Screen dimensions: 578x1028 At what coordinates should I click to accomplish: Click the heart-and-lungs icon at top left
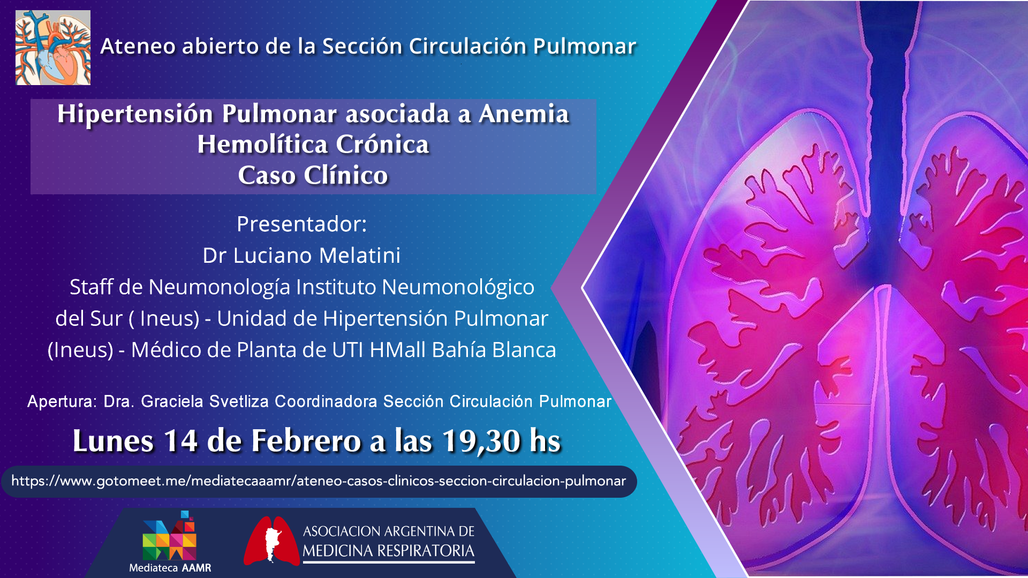click(x=53, y=48)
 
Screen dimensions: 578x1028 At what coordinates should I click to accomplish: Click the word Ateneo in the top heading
click(x=138, y=47)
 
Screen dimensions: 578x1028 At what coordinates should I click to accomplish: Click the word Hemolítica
click(x=262, y=144)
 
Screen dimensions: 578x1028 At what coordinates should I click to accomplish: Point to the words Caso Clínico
click(x=313, y=176)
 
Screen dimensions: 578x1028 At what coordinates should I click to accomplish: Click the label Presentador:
click(x=301, y=224)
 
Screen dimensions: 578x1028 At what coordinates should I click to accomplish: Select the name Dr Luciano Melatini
click(x=301, y=256)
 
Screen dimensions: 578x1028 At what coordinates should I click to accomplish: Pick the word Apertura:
click(x=62, y=401)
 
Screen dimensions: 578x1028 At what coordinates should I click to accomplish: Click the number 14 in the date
click(x=180, y=441)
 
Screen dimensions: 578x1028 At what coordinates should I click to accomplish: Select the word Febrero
click(x=307, y=441)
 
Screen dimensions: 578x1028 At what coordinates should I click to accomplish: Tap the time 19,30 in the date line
click(x=481, y=441)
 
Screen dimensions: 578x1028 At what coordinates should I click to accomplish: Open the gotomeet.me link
click(x=319, y=481)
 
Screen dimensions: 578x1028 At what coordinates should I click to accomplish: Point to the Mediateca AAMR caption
click(x=170, y=568)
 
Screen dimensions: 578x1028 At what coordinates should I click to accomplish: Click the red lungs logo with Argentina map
click(x=271, y=541)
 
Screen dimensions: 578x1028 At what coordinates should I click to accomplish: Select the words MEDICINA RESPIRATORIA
click(x=389, y=551)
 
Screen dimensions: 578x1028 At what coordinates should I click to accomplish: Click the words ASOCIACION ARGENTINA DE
click(x=389, y=531)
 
